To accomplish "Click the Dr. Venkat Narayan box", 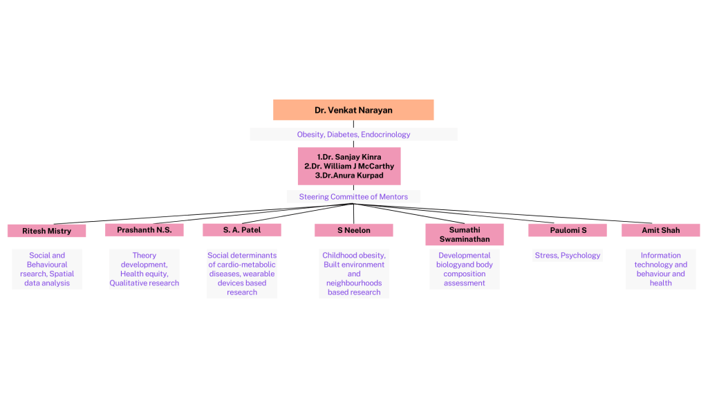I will pos(353,110).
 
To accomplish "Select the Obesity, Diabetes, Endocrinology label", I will pos(353,135).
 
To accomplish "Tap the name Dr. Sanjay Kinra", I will pos(349,157).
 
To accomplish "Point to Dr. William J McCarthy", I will pos(349,166).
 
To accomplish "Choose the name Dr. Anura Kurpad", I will pos(349,176).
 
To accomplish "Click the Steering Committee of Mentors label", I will pos(353,197).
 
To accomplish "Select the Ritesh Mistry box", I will pos(46,231).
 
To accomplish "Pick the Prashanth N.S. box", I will pos(144,230).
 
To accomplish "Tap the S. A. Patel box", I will pos(242,230).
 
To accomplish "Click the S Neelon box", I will pos(353,230).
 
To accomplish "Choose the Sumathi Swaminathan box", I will pos(464,234).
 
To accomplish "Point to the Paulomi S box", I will pos(567,230).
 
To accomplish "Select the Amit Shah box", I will pos(660,230).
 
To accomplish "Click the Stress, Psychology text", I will pos(568,256).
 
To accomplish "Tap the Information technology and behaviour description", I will pos(660,269).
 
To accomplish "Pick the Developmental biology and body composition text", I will pos(464,269).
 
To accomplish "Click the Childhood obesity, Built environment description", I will pos(354,274).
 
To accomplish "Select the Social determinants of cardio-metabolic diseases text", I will pos(242,274).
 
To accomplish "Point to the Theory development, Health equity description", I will pos(144,269).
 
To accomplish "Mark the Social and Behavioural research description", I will pos(47,269).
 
